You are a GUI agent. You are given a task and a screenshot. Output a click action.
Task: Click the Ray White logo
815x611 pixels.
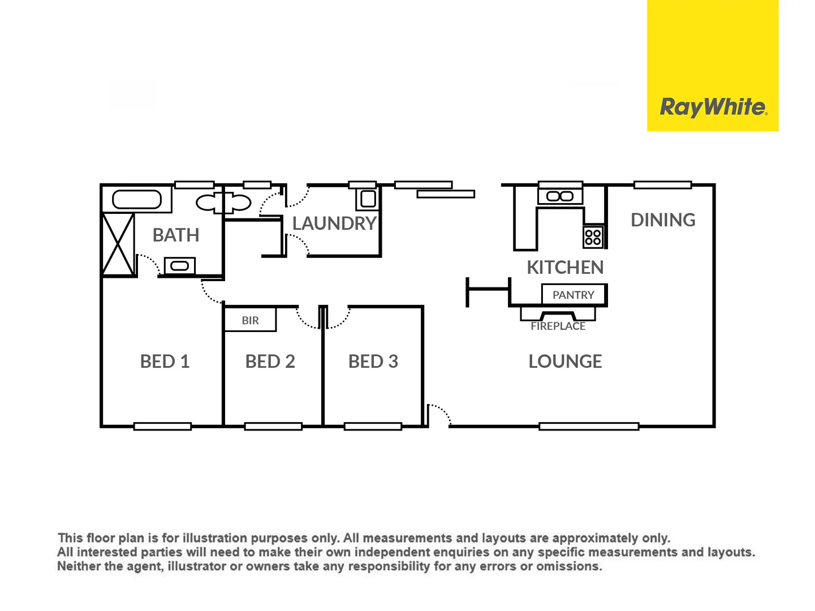(x=713, y=107)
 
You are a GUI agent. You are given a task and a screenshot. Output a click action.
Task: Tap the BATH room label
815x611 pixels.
(x=176, y=235)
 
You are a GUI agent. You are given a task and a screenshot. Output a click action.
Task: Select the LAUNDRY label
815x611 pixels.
(x=334, y=223)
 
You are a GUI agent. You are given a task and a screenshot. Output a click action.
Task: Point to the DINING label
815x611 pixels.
(x=663, y=220)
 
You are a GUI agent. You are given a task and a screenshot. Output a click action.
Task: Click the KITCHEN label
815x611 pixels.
(x=565, y=267)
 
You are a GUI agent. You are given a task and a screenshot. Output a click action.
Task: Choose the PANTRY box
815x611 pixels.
(x=573, y=295)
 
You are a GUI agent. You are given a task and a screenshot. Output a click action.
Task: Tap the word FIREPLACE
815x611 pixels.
(x=558, y=326)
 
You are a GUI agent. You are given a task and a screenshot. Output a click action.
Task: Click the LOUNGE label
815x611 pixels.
(x=565, y=362)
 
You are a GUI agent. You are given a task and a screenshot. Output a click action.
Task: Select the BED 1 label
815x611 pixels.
(x=165, y=362)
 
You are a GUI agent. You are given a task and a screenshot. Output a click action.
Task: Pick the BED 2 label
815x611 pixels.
(x=270, y=362)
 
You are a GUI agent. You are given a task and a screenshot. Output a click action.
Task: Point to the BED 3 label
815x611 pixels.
(x=373, y=362)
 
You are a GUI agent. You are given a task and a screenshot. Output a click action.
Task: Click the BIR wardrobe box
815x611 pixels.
(x=250, y=320)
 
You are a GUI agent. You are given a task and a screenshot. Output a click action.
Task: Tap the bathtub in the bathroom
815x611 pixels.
(x=137, y=199)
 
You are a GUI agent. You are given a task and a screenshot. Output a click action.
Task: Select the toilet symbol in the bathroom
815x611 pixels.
(x=223, y=202)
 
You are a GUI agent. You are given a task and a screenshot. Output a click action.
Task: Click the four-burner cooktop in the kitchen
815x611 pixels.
(x=593, y=237)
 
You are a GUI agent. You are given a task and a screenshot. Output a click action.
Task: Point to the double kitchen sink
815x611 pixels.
(x=560, y=196)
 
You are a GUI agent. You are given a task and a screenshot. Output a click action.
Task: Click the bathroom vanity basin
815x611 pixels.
(x=179, y=265)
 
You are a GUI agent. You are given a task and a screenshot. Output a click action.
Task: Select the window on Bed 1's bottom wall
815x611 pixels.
(x=162, y=427)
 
